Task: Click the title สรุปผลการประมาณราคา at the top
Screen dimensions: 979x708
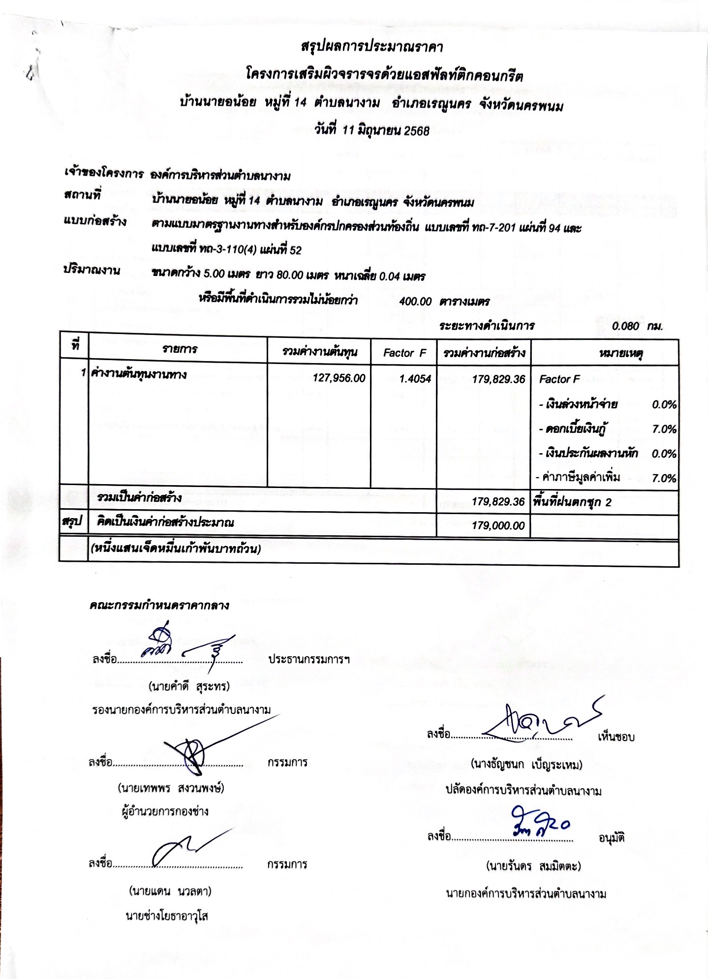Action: click(371, 47)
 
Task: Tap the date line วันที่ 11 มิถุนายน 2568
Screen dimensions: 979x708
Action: click(371, 130)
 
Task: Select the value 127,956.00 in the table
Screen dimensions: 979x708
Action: click(339, 378)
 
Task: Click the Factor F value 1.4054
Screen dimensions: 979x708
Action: click(415, 379)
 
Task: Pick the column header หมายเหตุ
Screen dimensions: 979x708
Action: click(621, 353)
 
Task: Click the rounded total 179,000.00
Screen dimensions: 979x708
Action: click(498, 525)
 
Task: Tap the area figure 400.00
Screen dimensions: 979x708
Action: click(415, 301)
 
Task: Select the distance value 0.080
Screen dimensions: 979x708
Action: click(625, 326)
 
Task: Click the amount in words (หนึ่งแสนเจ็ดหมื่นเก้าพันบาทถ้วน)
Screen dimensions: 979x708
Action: click(175, 548)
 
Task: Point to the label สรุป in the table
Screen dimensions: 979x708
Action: click(72, 521)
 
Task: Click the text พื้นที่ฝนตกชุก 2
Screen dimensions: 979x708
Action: click(572, 502)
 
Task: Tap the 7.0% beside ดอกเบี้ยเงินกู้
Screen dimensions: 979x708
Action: click(664, 429)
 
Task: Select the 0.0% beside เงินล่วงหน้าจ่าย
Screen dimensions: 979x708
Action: click(664, 404)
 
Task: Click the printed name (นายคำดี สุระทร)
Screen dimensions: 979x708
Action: click(189, 686)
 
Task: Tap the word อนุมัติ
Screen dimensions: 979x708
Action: click(612, 838)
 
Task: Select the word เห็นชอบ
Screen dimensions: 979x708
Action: click(616, 736)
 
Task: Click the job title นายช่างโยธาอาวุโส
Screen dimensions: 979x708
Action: click(167, 916)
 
